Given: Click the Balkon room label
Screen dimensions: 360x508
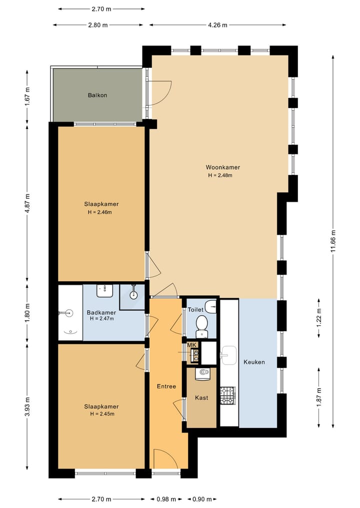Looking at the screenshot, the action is click(97, 95).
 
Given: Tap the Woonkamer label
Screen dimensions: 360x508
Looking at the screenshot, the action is click(223, 167).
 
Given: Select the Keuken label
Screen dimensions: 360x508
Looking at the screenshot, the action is click(254, 362).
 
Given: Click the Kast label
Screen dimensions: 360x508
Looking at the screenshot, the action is click(201, 398).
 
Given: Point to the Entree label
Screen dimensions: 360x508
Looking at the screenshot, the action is click(166, 387).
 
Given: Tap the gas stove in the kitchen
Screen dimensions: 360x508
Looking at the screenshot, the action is click(227, 396).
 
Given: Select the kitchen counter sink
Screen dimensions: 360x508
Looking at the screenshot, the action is click(229, 355).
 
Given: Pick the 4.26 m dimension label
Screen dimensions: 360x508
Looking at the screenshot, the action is click(217, 25).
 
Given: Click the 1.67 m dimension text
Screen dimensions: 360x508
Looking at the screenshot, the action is click(27, 96).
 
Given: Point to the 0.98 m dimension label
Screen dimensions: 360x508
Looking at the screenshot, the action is click(166, 499).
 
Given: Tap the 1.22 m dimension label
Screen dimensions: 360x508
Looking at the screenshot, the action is click(319, 318).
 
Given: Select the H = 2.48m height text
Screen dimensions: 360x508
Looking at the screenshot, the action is click(220, 176).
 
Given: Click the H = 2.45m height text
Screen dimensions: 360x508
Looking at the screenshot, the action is click(102, 414).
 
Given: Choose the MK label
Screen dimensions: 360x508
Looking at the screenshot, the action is click(191, 345).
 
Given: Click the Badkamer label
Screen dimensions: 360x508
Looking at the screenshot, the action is click(101, 313).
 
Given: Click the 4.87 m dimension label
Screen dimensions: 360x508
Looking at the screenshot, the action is click(27, 203).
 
